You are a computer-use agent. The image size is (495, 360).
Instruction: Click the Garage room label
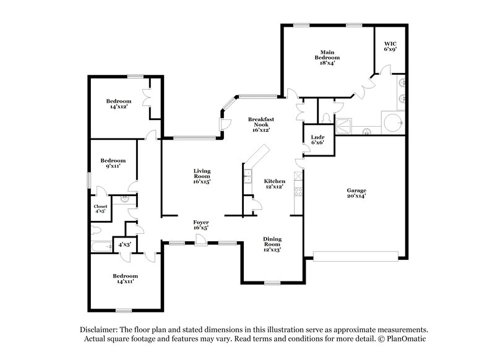click(x=356, y=194)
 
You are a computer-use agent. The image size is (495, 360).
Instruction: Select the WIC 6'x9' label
click(x=390, y=46)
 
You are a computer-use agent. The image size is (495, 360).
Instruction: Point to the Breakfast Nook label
click(x=260, y=124)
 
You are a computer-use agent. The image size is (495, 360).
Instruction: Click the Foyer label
click(x=200, y=225)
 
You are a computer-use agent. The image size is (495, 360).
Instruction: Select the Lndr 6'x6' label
click(x=317, y=139)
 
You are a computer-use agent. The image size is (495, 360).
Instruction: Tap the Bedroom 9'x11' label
click(x=113, y=163)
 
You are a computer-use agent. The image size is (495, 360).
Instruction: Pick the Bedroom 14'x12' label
click(x=118, y=104)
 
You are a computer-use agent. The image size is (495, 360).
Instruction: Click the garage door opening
click(x=357, y=255)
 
